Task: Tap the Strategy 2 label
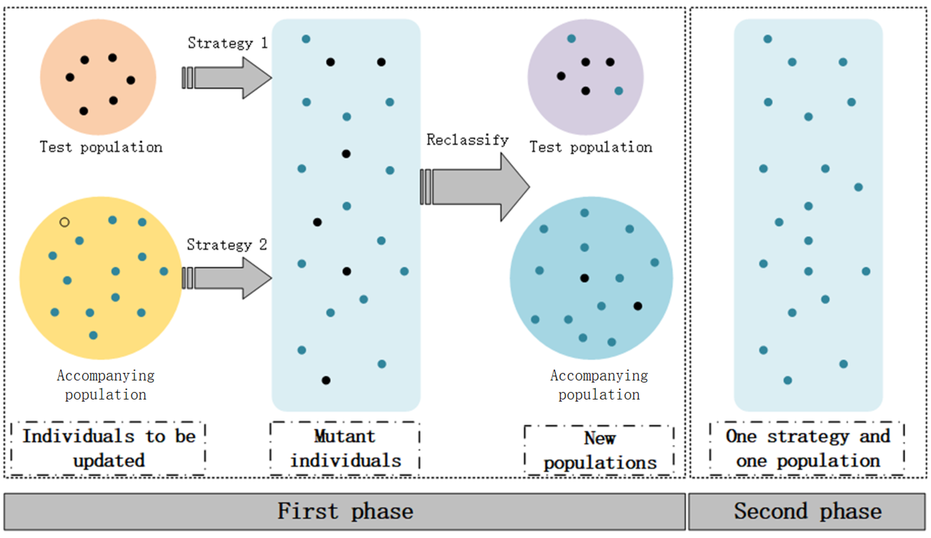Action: pyautogui.click(x=226, y=245)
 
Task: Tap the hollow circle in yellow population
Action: pyautogui.click(x=64, y=222)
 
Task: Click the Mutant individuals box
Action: pyautogui.click(x=345, y=448)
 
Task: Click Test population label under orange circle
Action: pyautogui.click(x=101, y=147)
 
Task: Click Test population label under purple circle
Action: pyautogui.click(x=591, y=147)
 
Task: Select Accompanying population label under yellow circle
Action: pyautogui.click(x=106, y=385)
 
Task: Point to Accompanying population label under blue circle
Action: pyautogui.click(x=599, y=385)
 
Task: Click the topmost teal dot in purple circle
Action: pyautogui.click(x=571, y=38)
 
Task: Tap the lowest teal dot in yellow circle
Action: pyautogui.click(x=93, y=335)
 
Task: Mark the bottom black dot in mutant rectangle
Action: pyautogui.click(x=326, y=380)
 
